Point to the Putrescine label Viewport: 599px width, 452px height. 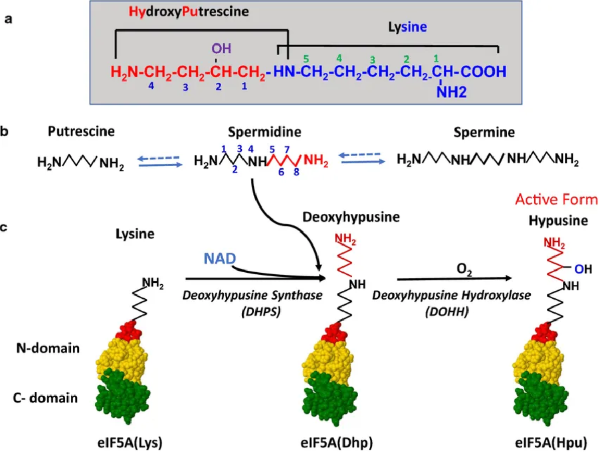point(81,132)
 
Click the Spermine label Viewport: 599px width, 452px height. point(484,133)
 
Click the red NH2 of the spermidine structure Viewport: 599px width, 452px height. point(317,161)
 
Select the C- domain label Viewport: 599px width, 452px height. point(45,398)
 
